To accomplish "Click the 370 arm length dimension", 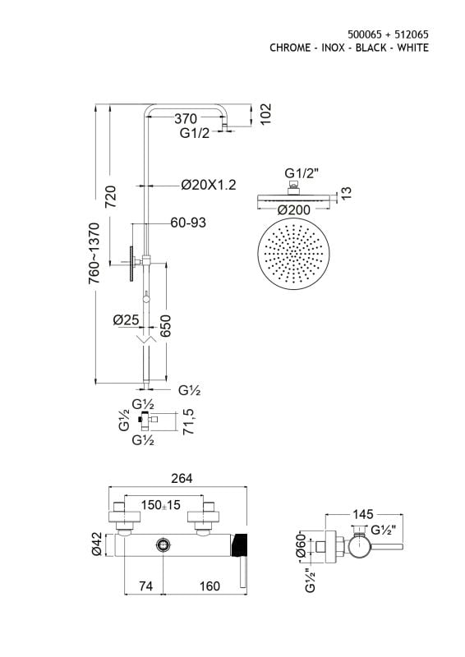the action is (186, 118).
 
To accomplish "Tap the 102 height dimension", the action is (265, 114).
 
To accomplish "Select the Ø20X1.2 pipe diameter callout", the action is (209, 184).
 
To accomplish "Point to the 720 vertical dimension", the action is (110, 197).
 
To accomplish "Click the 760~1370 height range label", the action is (94, 253).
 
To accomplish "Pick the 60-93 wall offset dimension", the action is (188, 222).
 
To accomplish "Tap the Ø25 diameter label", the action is (126, 319).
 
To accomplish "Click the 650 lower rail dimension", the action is (166, 326).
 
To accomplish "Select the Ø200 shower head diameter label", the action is (293, 210).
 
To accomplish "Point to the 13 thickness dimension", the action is (346, 193).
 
